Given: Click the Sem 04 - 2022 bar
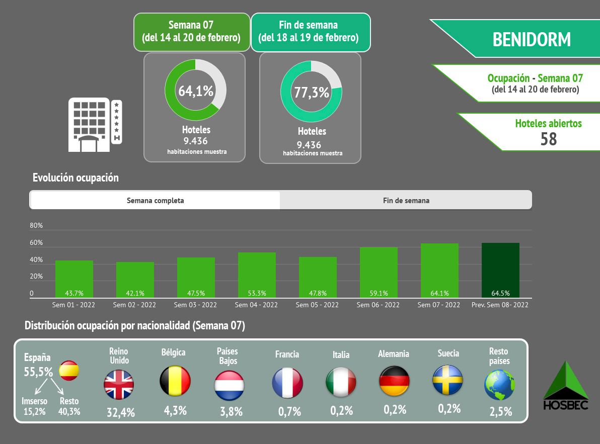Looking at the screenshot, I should coord(257,275).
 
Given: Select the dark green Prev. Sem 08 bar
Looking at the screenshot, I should coord(500,270).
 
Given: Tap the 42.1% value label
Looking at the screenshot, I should coord(135,293).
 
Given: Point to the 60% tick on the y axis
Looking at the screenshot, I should coord(36,243).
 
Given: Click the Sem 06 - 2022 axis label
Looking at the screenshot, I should coord(378,305).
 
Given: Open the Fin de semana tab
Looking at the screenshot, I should coord(406,200).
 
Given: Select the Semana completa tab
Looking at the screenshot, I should coord(155,200).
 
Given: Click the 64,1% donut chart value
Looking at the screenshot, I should coord(196,91).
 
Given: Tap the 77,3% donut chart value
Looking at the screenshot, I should coord(312,93).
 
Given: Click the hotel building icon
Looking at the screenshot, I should coord(95,125).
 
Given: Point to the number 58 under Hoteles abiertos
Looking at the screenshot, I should coord(549,138).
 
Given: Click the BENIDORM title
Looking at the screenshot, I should coord(532,40).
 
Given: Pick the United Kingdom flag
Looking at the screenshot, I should coord(119,385).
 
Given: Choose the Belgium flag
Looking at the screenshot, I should coord(175,381).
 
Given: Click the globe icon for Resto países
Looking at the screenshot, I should coord(500,385).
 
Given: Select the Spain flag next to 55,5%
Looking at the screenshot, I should coord(69,371).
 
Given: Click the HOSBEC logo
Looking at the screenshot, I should coord(566,386).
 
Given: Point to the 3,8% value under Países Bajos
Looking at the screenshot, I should coord(231,411).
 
